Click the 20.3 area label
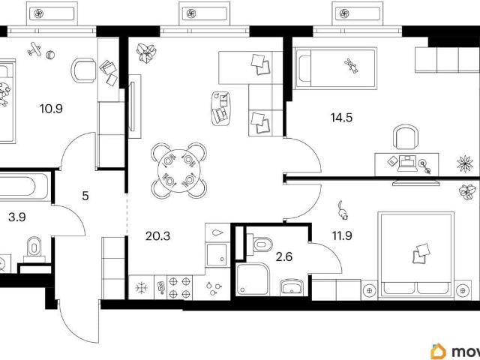coord(157,236)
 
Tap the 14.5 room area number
coord(342,118)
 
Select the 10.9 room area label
coord(51,108)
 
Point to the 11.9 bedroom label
coord(342,235)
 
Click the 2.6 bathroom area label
coord(284,256)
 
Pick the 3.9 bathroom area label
coord(17,217)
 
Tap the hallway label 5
coord(85,196)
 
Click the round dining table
coord(179,170)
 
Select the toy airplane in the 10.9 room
coord(34,49)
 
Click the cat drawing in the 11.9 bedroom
coord(343,210)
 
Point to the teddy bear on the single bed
coord(352,65)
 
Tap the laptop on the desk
coord(406,163)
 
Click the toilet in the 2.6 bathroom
coord(260,244)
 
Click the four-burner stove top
coord(180,287)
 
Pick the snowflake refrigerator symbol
coord(142,287)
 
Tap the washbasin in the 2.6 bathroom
coord(292,287)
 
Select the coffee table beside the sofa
coord(220,108)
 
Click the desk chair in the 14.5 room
coord(406,137)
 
